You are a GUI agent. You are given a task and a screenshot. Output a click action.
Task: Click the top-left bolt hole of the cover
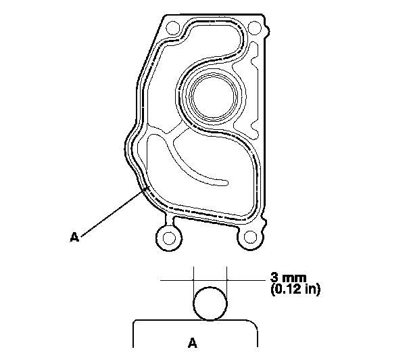(173, 28)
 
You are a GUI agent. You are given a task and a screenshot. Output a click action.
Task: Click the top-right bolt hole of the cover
(255, 28)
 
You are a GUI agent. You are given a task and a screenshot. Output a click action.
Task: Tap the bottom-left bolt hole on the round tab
(169, 238)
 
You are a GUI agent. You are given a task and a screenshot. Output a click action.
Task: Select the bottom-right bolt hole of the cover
(250, 238)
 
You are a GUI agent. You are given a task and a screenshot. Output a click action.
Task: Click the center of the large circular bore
(214, 97)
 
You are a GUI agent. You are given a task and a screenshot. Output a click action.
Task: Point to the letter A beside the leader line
(74, 237)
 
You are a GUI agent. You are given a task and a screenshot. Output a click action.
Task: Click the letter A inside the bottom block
(193, 342)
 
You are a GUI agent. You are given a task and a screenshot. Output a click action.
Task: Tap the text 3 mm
(289, 277)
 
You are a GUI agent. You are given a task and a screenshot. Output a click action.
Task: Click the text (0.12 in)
(295, 290)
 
